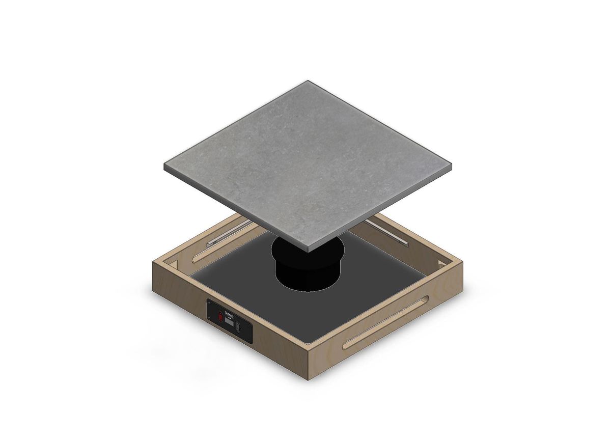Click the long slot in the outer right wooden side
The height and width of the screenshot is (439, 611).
pos(385,322)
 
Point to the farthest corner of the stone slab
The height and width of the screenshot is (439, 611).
pos(307,81)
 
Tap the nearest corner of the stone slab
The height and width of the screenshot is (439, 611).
pos(307,248)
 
